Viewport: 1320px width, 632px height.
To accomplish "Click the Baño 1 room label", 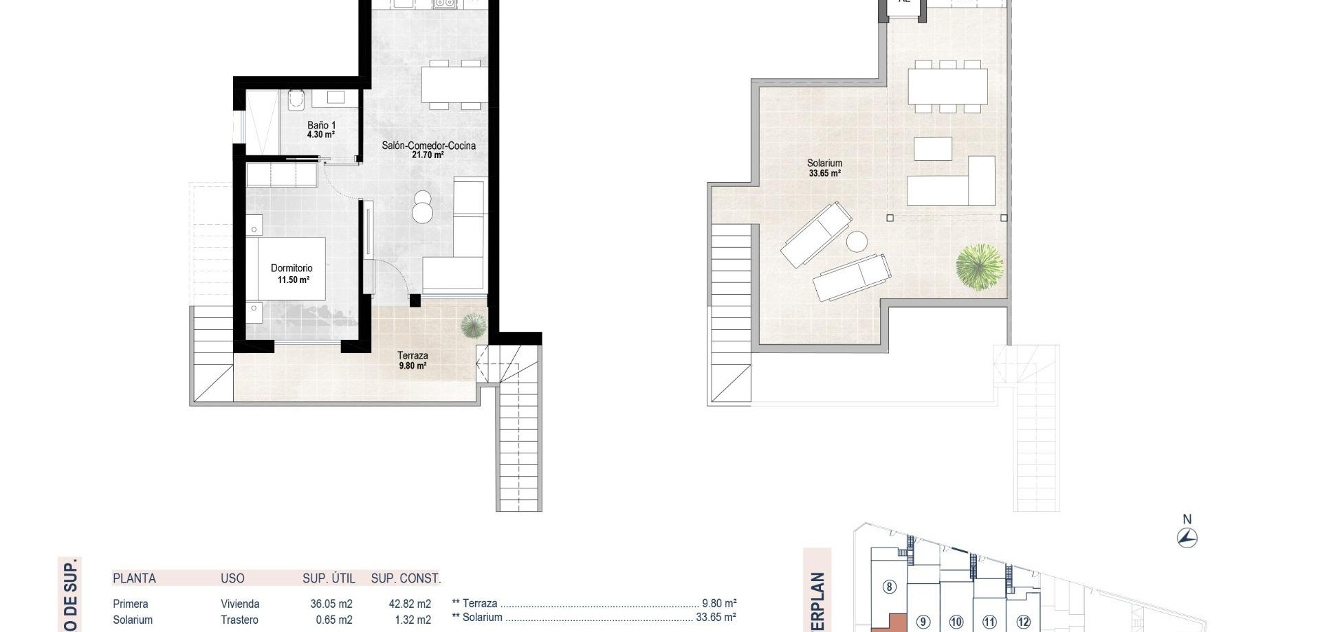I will coord(320,130).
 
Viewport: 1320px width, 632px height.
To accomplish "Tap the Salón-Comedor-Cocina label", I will coord(428,150).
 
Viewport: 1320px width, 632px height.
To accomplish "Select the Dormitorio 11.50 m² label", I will coord(292,273).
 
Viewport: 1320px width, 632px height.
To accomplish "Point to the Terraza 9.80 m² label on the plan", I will coord(412,360).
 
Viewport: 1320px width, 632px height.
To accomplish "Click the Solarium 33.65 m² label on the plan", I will coord(824,168).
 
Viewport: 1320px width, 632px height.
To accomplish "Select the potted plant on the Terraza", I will coord(472,325).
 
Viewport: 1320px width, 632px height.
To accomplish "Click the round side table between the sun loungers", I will coord(857,242).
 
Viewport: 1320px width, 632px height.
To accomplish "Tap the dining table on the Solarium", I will coord(947,87).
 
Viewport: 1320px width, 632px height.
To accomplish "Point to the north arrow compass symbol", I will coord(1187,537).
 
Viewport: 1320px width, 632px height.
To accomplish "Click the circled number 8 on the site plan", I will coord(890,587).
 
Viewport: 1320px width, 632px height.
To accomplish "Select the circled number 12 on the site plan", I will coord(1023,622).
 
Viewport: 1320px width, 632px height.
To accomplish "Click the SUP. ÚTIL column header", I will coord(329,578).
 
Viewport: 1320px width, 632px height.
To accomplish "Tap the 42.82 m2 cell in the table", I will coord(410,604).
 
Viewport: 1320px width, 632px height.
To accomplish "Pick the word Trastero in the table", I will coord(239,620).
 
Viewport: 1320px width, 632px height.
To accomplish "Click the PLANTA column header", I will coord(134,578).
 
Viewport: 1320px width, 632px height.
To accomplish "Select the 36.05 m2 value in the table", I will coord(331,604).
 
